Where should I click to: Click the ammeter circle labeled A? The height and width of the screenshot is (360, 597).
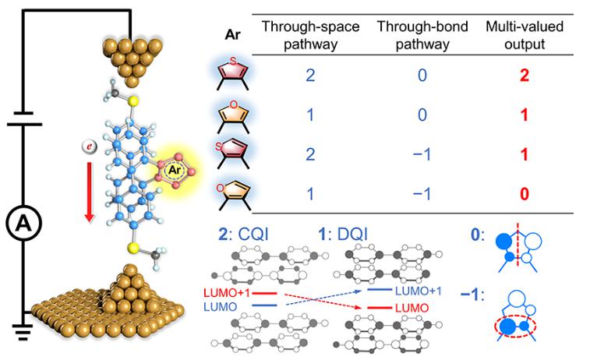click(19, 227)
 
